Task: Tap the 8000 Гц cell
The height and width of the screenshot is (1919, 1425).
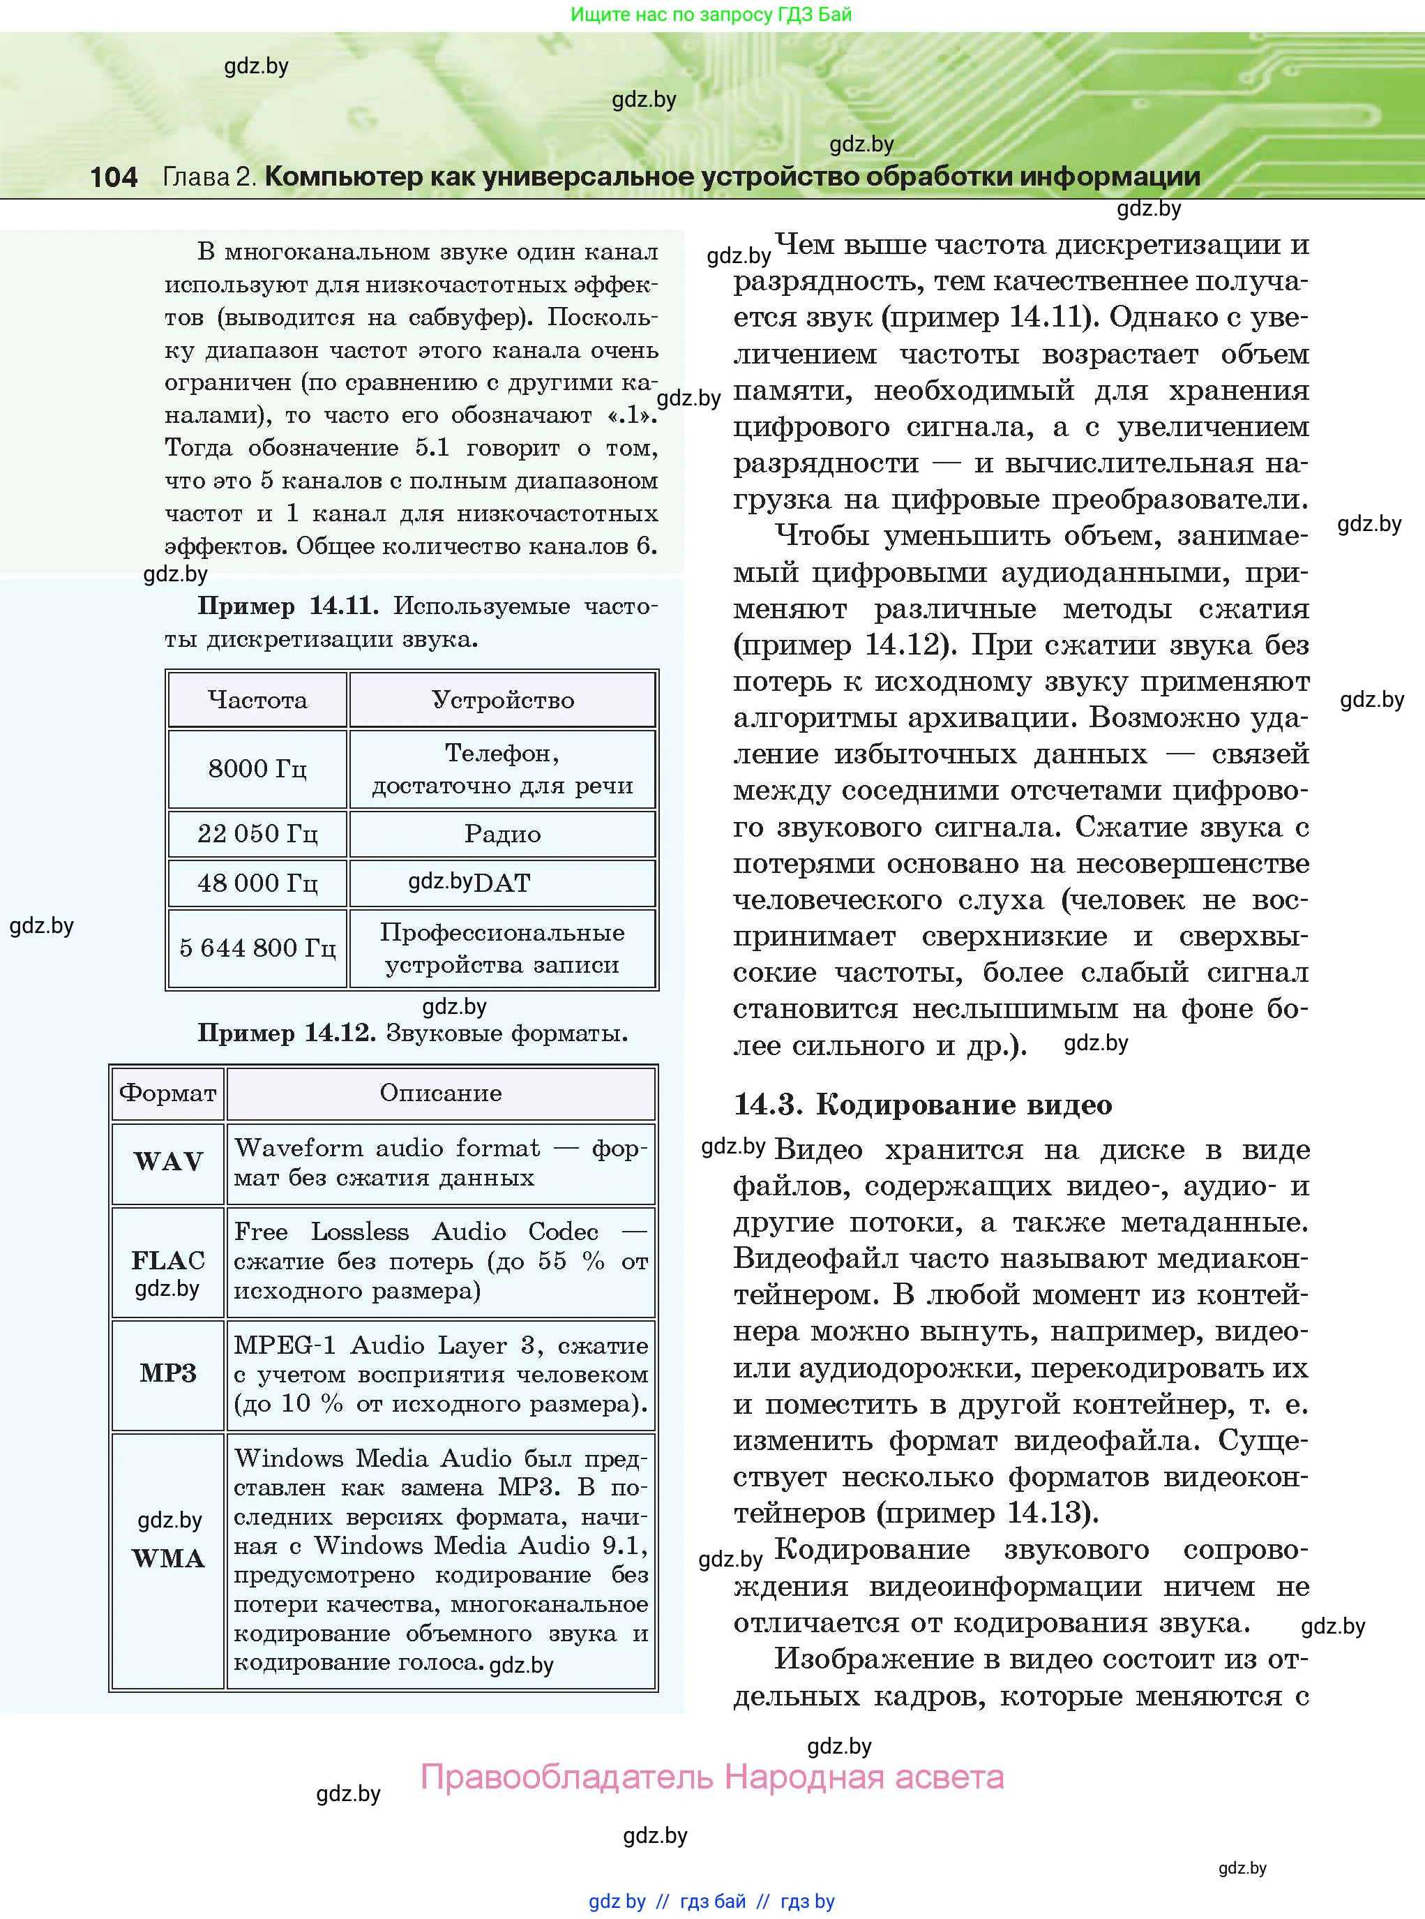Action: pos(257,768)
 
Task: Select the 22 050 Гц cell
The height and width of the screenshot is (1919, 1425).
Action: pos(257,833)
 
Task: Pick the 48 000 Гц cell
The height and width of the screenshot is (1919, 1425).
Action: pos(257,883)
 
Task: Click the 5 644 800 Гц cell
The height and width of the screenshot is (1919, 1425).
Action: pos(257,948)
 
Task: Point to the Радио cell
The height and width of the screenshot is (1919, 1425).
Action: pos(502,833)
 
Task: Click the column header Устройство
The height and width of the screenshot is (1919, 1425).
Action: pos(502,700)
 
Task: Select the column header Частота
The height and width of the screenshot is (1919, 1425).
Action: pos(257,700)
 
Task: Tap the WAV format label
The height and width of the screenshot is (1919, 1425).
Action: pos(168,1161)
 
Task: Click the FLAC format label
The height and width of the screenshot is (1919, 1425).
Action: pos(168,1261)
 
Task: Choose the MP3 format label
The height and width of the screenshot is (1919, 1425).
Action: pos(168,1373)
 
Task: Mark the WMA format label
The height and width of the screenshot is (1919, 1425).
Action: pos(168,1558)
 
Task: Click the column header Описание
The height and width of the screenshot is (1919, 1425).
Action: pos(440,1093)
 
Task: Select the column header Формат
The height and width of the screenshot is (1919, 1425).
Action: pos(168,1093)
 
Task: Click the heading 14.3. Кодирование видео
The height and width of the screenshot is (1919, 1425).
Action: pos(922,1105)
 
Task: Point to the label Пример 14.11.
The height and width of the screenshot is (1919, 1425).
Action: pos(287,606)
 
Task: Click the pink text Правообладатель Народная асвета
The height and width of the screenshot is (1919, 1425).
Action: pos(711,1777)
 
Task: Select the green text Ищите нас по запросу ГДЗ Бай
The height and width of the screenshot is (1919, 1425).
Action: pos(711,15)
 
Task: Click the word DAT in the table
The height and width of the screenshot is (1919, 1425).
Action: pos(502,883)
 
